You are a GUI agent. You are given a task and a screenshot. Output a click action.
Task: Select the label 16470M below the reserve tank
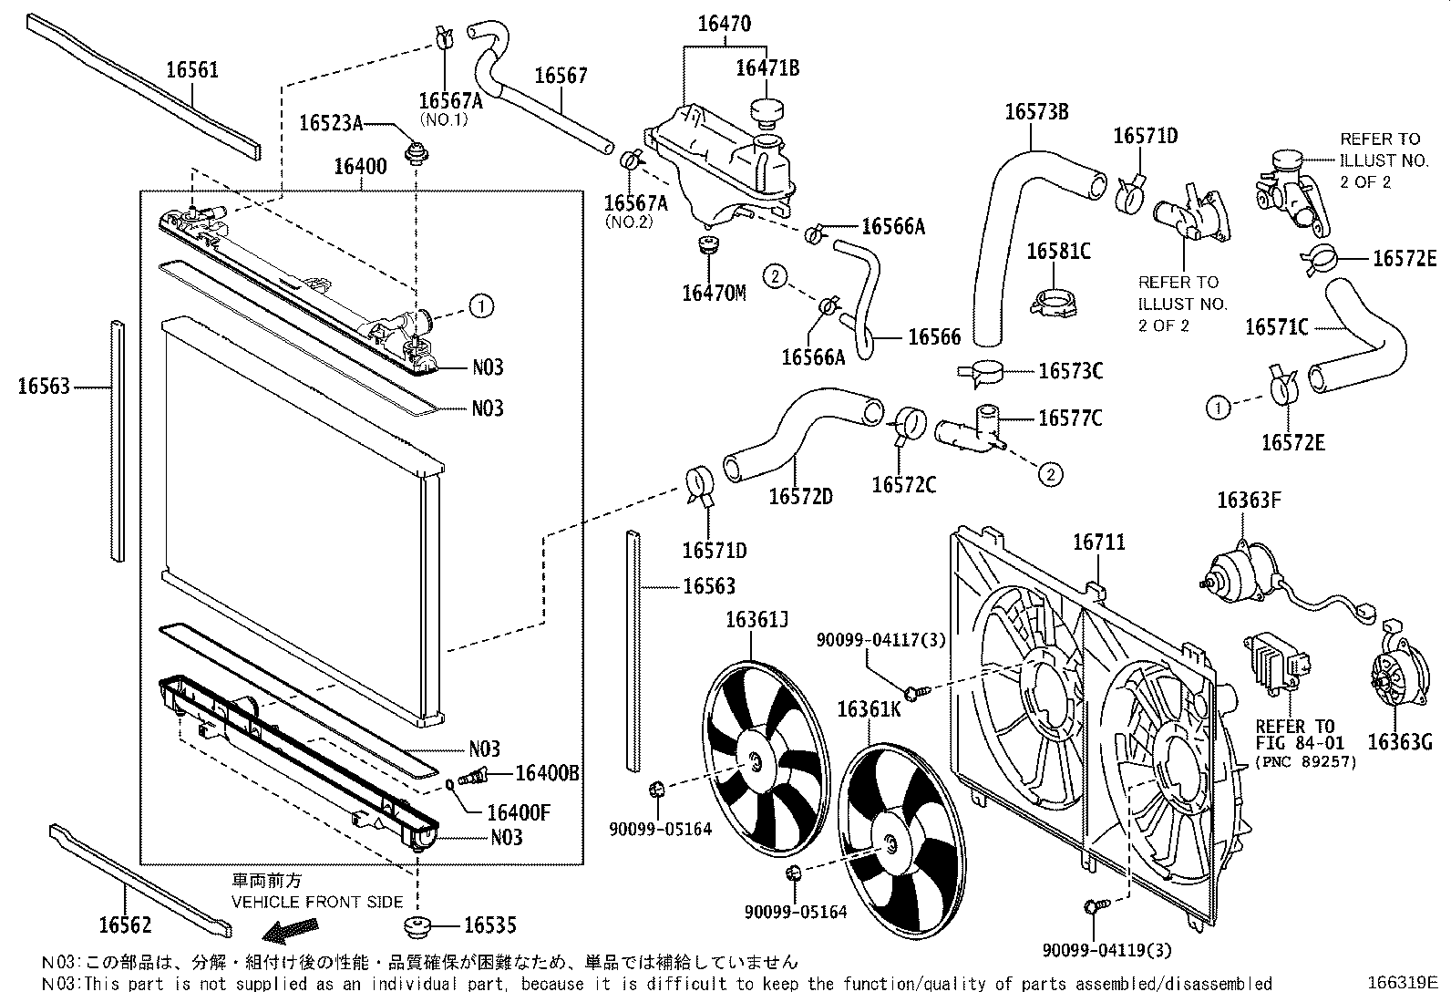(713, 294)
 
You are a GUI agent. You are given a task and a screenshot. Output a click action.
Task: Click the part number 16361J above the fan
(756, 621)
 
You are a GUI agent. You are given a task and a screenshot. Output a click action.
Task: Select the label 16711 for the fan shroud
(1098, 542)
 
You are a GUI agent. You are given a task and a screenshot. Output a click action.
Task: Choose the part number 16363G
(1401, 742)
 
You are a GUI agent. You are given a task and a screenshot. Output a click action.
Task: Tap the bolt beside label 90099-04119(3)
(1095, 906)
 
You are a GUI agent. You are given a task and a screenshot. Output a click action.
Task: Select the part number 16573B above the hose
(1036, 112)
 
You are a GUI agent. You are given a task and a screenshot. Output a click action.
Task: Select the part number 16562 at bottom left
(125, 925)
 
